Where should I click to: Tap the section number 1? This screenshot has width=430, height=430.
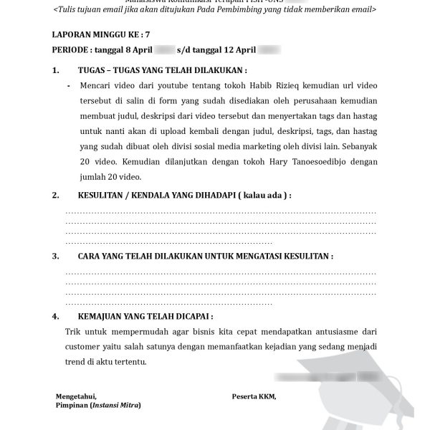tap(56, 72)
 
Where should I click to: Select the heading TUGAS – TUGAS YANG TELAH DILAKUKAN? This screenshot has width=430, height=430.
tap(161, 72)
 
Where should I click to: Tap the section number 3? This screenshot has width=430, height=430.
tap(56, 256)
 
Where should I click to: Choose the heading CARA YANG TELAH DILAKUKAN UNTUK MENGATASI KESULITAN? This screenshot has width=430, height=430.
tap(204, 256)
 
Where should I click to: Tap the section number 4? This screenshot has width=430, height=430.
tap(56, 316)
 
